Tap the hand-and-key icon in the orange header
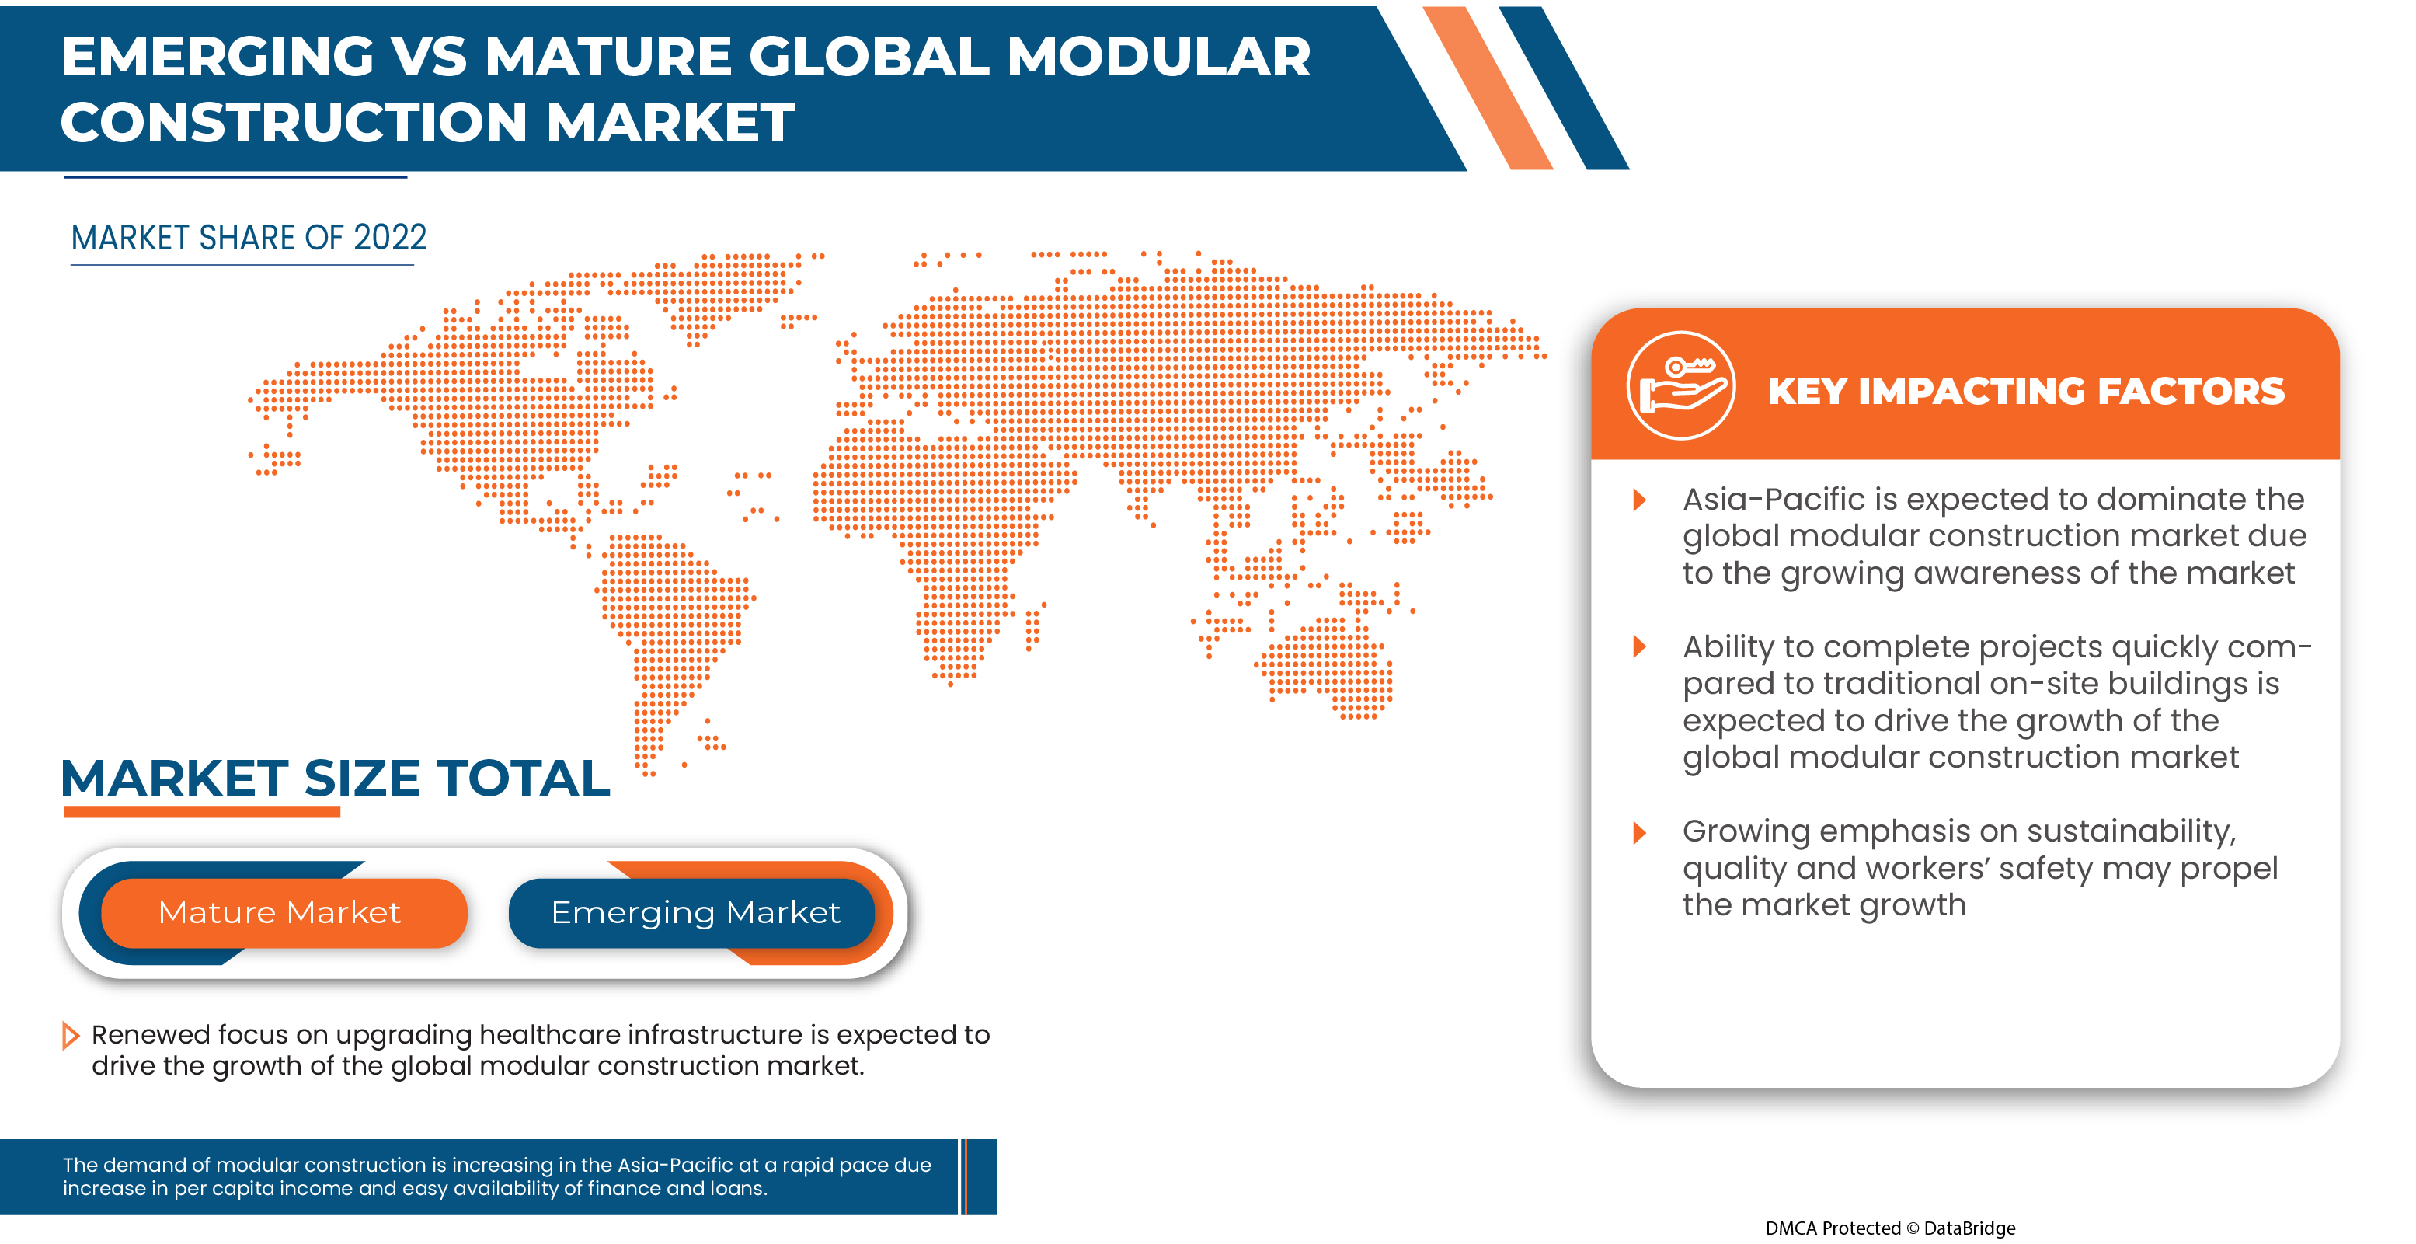click(x=1680, y=385)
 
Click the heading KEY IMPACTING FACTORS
click(x=2026, y=391)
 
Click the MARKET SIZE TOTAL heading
click(x=335, y=778)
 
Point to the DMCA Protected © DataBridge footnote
click(x=1890, y=1227)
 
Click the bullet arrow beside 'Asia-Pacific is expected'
click(x=1639, y=499)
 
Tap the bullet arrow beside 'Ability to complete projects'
click(x=1639, y=646)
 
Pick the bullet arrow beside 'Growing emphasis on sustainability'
click(x=1639, y=832)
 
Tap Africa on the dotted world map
click(x=938, y=544)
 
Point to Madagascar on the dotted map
click(x=1032, y=625)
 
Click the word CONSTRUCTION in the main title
click(x=294, y=123)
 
